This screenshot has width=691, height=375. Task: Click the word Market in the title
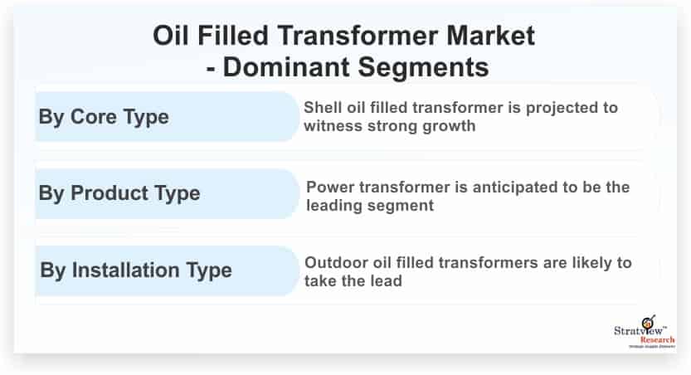coord(490,35)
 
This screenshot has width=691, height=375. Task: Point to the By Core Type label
coord(104,117)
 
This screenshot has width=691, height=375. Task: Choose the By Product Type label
coord(119,193)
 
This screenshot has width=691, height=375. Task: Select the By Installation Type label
coord(136,270)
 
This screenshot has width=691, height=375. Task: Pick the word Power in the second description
coord(330,187)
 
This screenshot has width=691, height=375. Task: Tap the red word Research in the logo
coord(657,340)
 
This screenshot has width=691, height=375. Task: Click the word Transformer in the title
coord(358,35)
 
